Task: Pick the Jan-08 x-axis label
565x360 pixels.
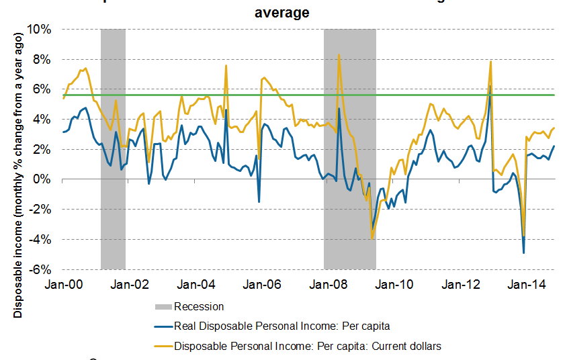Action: [x=329, y=284]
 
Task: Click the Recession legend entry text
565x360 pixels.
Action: [x=198, y=307]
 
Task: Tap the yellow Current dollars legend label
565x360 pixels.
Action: [x=307, y=346]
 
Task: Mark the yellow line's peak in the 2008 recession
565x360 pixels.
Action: [x=339, y=55]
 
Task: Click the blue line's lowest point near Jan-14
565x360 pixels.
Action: [x=523, y=253]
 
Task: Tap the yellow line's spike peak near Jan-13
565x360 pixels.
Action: [x=491, y=62]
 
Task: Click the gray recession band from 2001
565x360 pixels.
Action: [x=113, y=148]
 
